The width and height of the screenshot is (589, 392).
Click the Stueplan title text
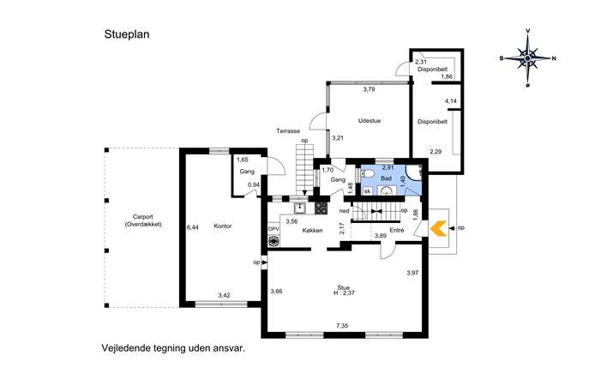pos(127,34)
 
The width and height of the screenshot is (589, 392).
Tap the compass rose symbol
pos(528,58)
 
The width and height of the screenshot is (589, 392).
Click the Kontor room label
pos(223,226)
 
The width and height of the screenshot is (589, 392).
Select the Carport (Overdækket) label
pos(142,220)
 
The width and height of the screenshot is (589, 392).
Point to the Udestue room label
pos(370,121)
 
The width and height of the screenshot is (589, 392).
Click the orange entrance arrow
pos(438,228)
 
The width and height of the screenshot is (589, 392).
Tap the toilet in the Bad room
pos(367,173)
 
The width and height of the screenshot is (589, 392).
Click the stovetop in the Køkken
pos(322,208)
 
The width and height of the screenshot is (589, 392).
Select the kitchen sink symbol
pos(300,208)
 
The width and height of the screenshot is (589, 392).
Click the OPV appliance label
pos(273,229)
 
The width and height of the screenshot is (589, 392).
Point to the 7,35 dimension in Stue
pos(342,326)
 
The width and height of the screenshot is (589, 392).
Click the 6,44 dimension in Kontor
pos(193,227)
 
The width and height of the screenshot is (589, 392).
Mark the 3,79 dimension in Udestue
pos(369,89)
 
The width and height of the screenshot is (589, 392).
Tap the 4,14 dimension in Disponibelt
pos(451,101)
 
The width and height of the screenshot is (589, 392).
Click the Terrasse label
pos(288,131)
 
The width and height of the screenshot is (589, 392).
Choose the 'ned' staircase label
pos(345,211)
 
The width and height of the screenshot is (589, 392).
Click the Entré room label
pos(397,230)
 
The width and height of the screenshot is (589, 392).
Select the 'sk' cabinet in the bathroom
pos(367,191)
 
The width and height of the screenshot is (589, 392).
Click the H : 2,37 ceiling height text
pos(344,293)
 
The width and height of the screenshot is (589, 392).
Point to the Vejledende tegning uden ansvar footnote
pos(173,348)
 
